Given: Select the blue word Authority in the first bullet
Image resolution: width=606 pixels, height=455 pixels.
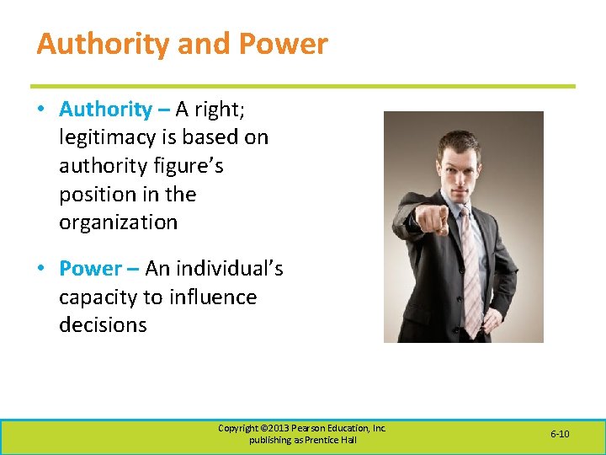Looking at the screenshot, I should (x=105, y=109).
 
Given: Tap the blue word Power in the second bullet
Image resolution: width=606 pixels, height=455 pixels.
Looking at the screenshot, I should (x=90, y=269).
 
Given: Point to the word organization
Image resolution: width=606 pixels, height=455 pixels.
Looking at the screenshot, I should (x=118, y=223).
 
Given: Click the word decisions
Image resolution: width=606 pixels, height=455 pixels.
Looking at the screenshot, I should (x=103, y=325).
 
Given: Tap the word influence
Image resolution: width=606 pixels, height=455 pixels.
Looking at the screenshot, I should (x=213, y=297).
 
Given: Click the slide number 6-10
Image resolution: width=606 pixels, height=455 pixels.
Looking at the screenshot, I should (x=560, y=434).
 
